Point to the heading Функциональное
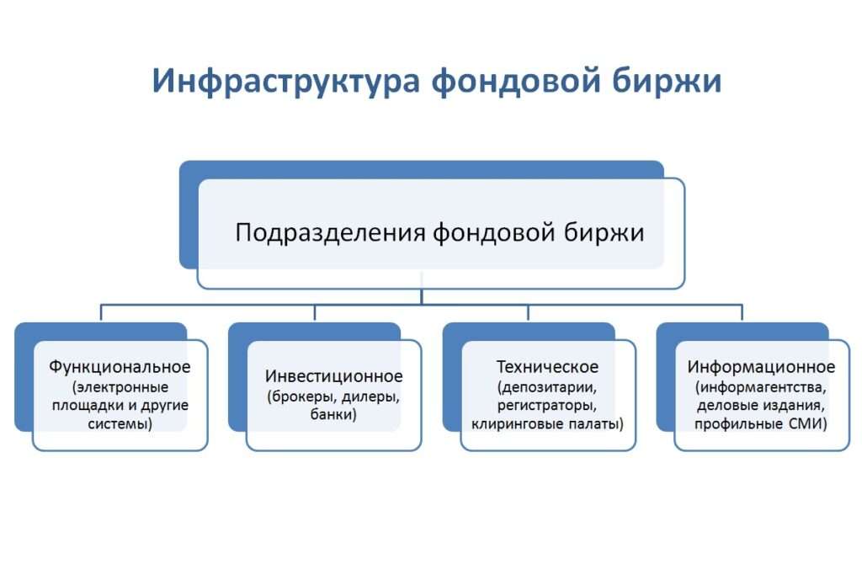(x=120, y=367)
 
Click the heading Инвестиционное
(x=334, y=376)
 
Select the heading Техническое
(x=547, y=367)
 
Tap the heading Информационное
(x=761, y=367)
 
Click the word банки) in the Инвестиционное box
(x=334, y=415)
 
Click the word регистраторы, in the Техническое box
(x=547, y=406)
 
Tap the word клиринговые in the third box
(x=511, y=424)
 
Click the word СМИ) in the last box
(x=807, y=424)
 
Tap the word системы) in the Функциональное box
(x=120, y=424)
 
